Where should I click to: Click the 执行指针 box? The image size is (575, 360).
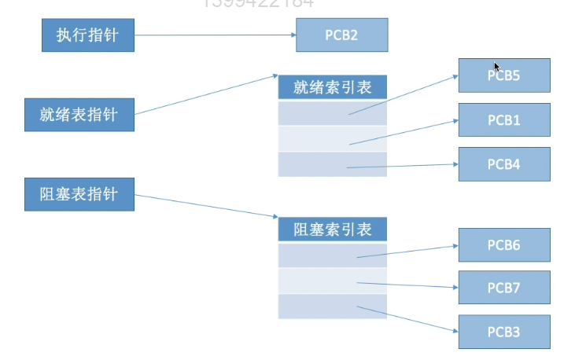click(x=87, y=35)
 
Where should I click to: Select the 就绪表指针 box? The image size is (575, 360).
click(x=79, y=114)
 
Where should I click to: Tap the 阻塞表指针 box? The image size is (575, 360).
click(x=79, y=193)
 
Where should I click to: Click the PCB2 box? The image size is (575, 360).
click(x=341, y=35)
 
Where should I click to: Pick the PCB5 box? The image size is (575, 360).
click(x=504, y=76)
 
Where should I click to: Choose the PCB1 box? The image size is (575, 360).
click(x=504, y=120)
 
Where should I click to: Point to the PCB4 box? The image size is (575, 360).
click(x=504, y=164)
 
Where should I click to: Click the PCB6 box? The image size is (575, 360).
click(x=504, y=245)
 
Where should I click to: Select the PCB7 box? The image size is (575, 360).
click(x=504, y=288)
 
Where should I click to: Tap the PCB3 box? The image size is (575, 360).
click(x=504, y=332)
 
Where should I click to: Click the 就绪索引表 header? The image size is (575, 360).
click(x=333, y=87)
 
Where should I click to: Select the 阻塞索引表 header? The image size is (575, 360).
click(x=333, y=230)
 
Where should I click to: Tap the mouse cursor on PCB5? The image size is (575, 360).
click(x=496, y=67)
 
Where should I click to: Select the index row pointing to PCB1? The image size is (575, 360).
click(x=333, y=138)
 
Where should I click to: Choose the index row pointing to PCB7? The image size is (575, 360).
click(x=333, y=281)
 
